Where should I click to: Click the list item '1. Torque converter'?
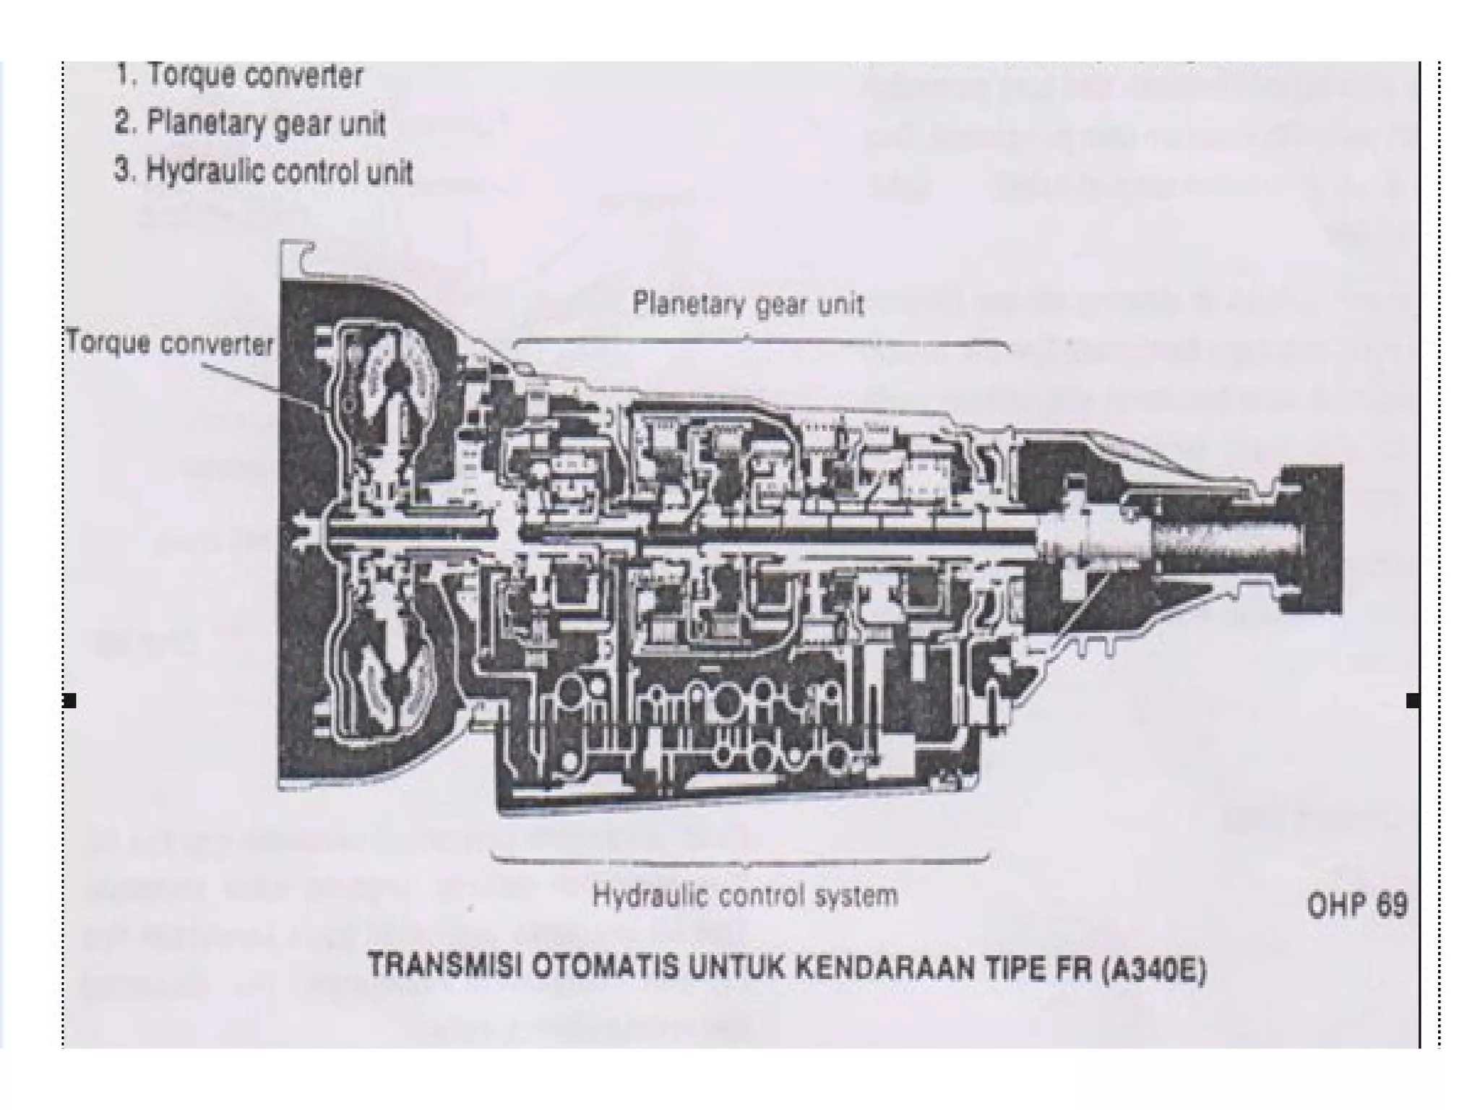coord(239,76)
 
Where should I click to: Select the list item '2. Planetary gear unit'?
coord(250,124)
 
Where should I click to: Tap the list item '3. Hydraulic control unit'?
coord(264,172)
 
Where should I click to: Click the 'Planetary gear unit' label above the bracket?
coord(748,304)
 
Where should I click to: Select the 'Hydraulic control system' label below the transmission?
coord(745,896)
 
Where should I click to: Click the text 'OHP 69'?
coord(1357,905)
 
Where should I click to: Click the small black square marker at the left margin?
coord(69,700)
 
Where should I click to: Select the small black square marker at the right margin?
coord(1413,700)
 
